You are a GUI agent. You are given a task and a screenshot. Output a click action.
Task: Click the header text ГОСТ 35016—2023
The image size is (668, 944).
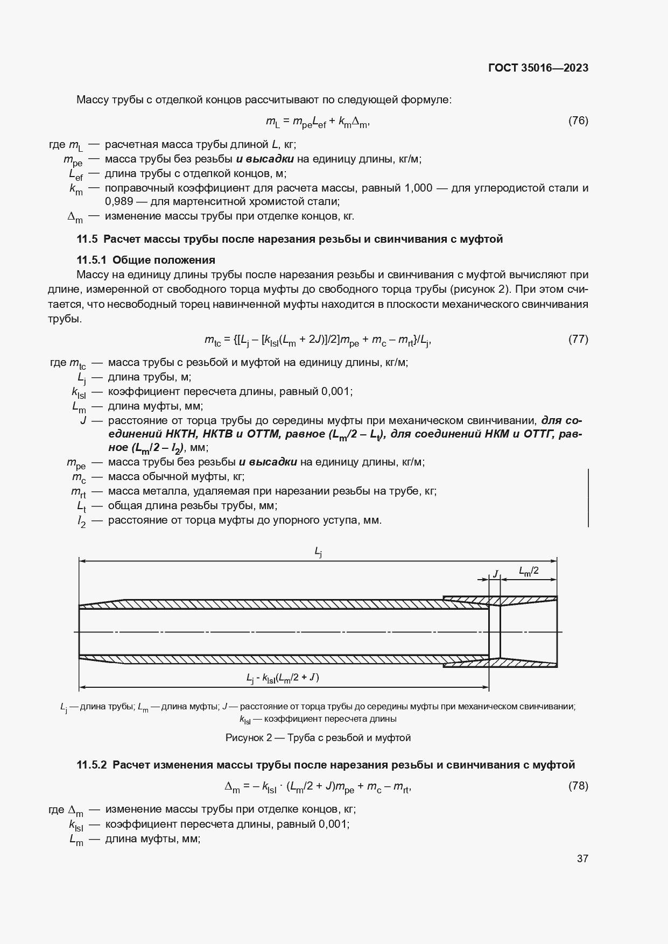click(x=538, y=68)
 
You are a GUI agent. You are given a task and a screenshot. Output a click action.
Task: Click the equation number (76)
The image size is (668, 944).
click(x=578, y=121)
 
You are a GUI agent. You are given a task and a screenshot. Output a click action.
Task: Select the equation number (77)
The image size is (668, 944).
click(x=578, y=339)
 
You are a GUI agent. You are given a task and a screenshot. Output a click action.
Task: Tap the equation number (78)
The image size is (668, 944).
click(x=578, y=786)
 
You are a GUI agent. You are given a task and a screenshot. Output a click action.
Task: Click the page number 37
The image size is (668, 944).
click(x=582, y=858)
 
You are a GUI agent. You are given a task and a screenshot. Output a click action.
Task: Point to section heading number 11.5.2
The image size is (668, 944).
click(x=92, y=765)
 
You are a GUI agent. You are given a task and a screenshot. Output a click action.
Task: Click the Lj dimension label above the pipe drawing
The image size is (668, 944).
click(x=318, y=552)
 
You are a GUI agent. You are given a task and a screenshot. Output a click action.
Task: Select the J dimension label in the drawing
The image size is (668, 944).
click(x=495, y=574)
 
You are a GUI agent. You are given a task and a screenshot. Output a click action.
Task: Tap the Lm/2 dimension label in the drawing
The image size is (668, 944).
click(x=529, y=571)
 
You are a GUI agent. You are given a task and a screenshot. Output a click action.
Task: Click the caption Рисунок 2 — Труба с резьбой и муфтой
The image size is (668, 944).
click(x=318, y=738)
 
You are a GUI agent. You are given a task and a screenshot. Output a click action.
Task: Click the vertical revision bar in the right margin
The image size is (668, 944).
click(x=588, y=497)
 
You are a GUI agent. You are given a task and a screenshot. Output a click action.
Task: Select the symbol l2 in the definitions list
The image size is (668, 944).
click(x=81, y=521)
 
